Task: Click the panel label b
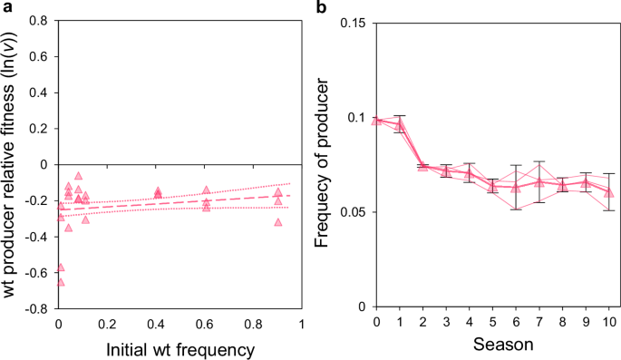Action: [x=322, y=7]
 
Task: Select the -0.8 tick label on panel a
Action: [x=35, y=308]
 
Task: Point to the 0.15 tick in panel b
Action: [x=354, y=22]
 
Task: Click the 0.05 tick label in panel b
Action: [x=354, y=212]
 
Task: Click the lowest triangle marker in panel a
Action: [x=61, y=282]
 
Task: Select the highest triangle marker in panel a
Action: [x=79, y=176]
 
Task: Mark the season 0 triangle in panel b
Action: [x=377, y=120]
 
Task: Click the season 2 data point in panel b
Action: [x=423, y=166]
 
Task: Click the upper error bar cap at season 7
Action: [x=539, y=161]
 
